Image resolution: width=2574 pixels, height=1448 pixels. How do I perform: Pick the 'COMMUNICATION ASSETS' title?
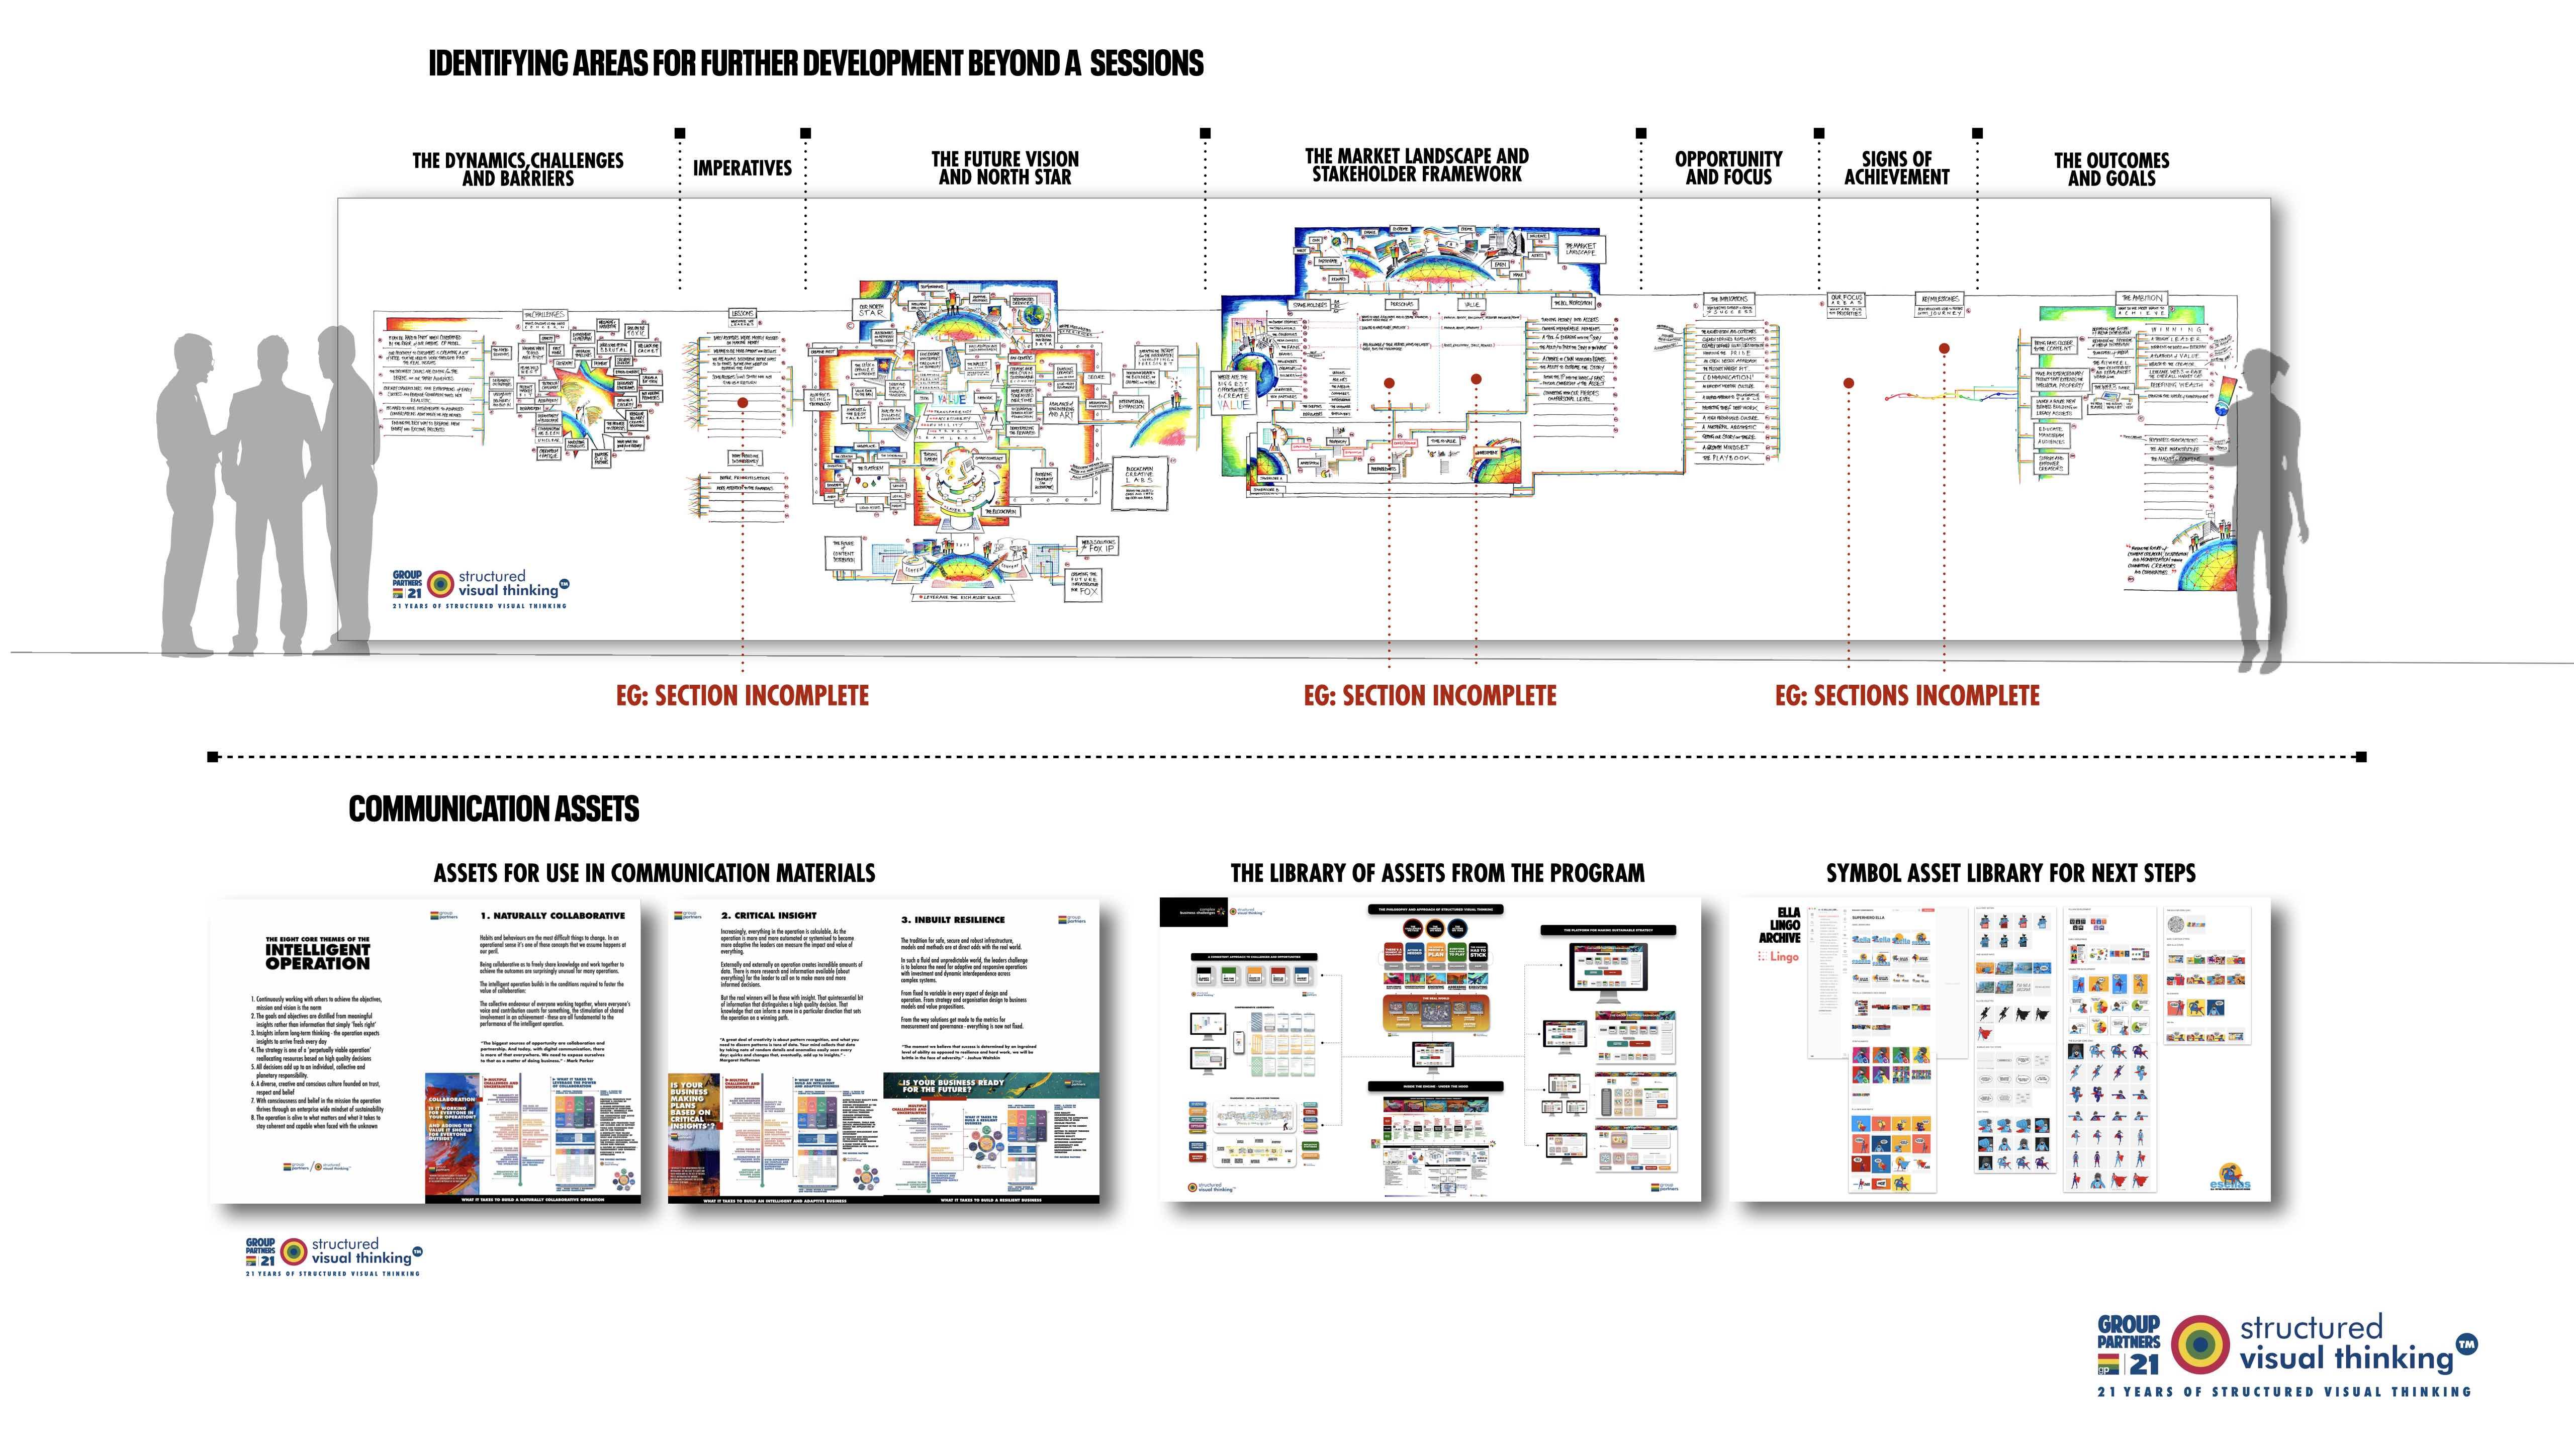494,808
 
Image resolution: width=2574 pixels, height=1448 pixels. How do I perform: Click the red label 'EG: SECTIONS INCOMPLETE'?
1906,695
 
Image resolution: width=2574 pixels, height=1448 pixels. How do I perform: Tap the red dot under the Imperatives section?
743,403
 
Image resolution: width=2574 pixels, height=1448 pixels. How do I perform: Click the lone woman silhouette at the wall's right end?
2268,500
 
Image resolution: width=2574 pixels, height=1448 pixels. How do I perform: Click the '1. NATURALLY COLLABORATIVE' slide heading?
553,916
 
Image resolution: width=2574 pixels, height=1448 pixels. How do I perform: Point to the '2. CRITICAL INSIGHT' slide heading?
768,916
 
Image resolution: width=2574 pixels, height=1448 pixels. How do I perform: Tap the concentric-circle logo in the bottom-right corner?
2200,1344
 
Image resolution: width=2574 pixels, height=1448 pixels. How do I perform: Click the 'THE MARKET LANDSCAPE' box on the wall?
1580,249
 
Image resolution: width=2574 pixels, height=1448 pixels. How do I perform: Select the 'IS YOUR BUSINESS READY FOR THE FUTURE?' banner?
954,1086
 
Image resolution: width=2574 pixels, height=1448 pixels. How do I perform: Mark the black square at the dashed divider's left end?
213,757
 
